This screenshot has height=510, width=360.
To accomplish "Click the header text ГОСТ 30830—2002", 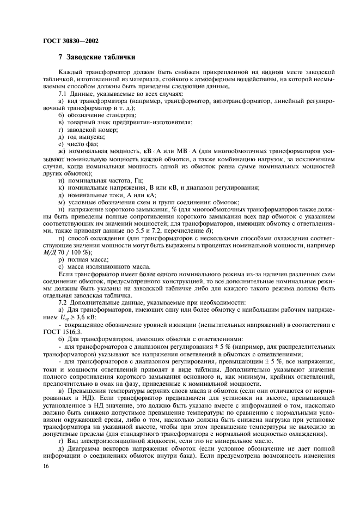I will (70, 40).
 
